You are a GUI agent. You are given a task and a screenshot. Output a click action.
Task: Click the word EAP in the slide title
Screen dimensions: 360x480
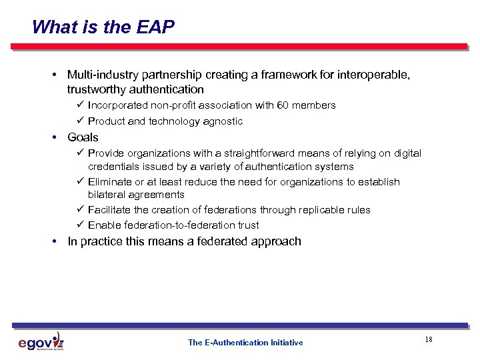[157, 27]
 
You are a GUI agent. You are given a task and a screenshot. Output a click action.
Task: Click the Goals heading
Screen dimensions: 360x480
[83, 137]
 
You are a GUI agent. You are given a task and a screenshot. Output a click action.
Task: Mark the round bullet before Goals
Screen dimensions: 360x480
[55, 137]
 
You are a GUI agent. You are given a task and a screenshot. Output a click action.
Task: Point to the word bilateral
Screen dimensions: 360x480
[107, 195]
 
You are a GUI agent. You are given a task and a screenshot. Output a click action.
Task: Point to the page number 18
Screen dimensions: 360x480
[428, 340]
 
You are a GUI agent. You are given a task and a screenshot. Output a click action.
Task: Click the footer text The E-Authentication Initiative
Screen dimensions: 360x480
[245, 343]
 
